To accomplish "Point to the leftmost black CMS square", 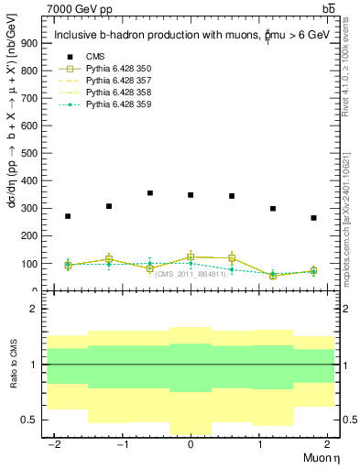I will pos(68,216).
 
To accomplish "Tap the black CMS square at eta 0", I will pos(191,195).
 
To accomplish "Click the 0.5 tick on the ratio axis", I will pos(28,420).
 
